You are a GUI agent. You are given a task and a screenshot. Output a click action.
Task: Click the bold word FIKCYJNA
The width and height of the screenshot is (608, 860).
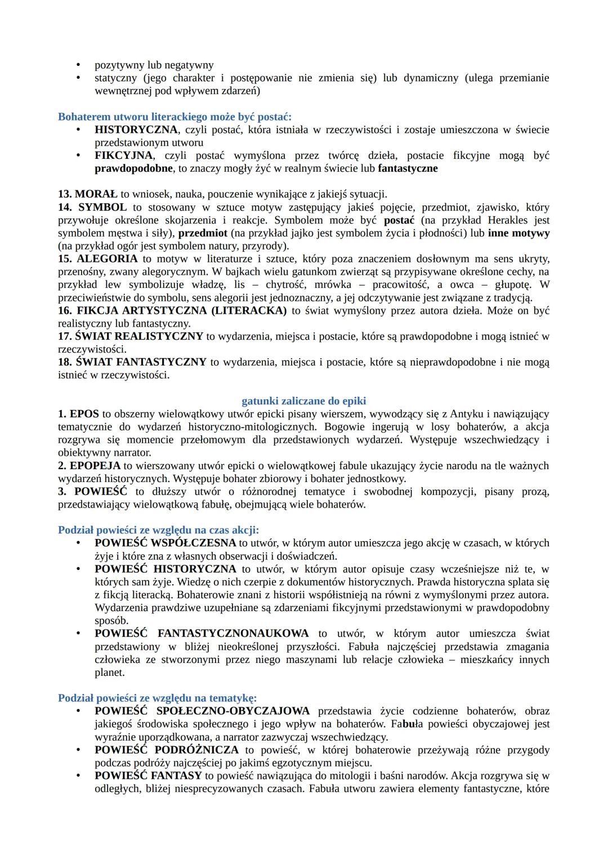[123, 155]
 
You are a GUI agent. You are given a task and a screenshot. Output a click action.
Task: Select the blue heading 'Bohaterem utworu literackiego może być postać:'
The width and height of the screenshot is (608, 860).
[175, 117]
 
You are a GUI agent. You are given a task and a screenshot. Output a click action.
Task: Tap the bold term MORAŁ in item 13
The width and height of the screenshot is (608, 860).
[96, 194]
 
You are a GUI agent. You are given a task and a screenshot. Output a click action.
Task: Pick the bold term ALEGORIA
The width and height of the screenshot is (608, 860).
[107, 259]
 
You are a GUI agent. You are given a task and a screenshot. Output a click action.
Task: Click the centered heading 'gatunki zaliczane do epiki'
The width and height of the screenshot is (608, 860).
[303, 401]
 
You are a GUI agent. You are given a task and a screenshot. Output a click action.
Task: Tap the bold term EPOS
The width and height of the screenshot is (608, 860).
[84, 414]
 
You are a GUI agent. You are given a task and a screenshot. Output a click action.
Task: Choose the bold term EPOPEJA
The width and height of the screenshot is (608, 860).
[95, 466]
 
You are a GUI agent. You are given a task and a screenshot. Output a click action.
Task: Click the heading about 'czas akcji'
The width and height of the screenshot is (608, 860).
[158, 530]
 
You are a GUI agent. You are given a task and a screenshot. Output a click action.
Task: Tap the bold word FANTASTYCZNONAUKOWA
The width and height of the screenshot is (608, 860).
[233, 634]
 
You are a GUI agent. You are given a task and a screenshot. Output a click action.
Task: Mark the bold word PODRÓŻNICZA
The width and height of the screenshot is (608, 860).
[196, 750]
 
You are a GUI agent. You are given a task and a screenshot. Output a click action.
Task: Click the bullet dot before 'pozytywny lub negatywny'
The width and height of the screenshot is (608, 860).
[79, 65]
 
